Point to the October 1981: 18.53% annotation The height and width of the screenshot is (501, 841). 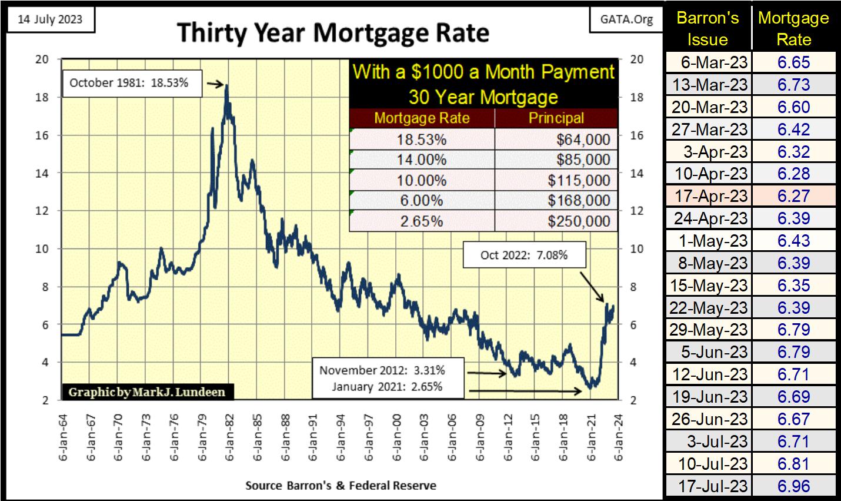(x=129, y=83)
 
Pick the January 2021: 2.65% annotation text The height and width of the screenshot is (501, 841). (x=387, y=387)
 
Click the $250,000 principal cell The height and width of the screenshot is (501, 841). (x=556, y=221)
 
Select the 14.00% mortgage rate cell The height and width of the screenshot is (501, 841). (x=422, y=160)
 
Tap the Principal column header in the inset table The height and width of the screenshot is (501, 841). (x=556, y=118)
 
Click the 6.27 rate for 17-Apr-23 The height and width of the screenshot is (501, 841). (x=793, y=196)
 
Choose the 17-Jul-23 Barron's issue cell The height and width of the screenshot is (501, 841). (x=709, y=486)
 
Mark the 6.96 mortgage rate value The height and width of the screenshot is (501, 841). (x=793, y=486)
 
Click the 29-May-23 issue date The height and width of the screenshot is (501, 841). (x=709, y=330)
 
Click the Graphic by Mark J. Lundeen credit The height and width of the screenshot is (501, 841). (x=146, y=392)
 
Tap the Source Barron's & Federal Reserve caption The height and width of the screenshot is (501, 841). (x=341, y=486)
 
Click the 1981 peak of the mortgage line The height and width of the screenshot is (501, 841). (x=227, y=87)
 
